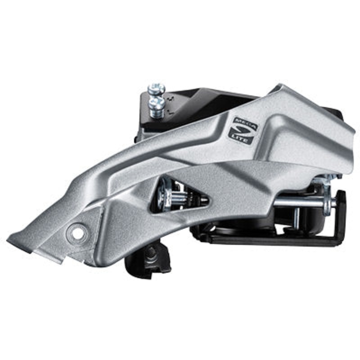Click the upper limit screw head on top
[x=156, y=89]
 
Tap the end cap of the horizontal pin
[x=333, y=203]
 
